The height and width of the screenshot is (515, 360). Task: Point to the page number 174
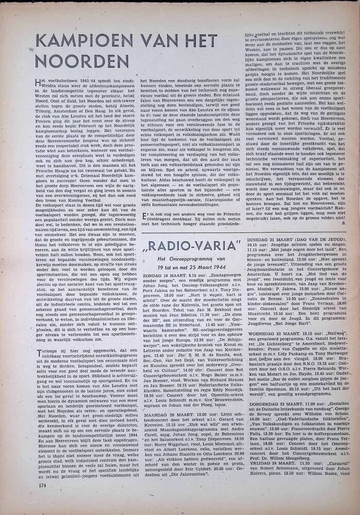(43, 485)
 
